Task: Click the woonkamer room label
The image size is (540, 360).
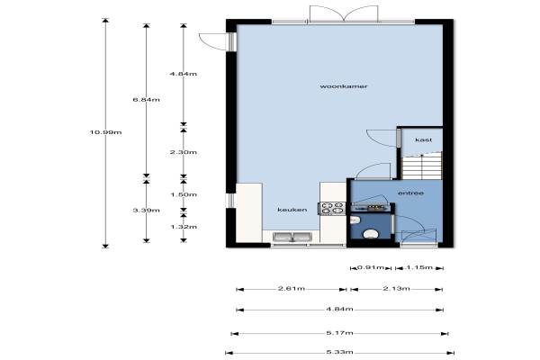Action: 344,86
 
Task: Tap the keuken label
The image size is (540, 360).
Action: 292,210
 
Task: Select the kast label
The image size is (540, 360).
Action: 423,139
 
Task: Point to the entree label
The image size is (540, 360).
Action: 410,193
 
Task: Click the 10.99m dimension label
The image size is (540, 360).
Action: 105,132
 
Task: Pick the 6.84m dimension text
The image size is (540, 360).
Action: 147,100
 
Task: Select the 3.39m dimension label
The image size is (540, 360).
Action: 147,210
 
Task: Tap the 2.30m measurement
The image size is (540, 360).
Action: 184,152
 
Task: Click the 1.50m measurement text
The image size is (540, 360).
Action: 184,194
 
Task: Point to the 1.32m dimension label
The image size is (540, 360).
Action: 184,226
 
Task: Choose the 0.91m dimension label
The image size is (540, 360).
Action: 371,267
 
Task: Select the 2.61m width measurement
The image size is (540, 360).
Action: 292,288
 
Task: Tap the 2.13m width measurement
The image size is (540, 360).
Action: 396,288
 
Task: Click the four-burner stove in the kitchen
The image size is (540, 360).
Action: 333,208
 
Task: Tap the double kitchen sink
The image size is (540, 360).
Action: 292,237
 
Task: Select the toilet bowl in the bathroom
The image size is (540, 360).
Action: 371,234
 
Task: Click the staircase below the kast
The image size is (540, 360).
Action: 422,166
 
